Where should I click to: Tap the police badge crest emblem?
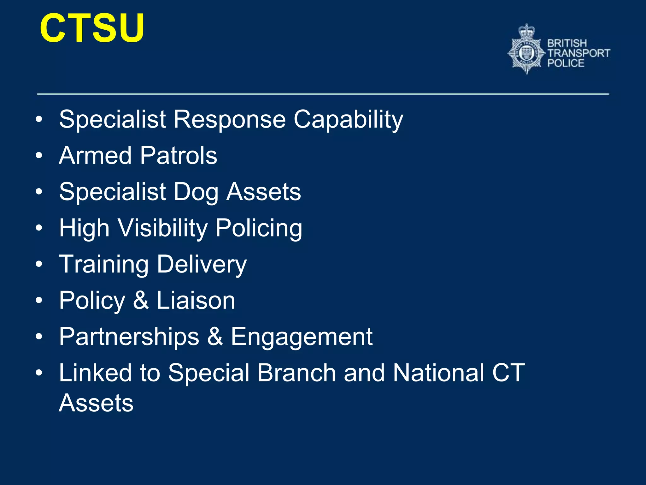[526, 52]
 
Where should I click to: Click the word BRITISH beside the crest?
[567, 43]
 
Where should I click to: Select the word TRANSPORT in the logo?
[578, 53]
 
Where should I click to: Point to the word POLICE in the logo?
[566, 63]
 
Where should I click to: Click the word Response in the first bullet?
[230, 119]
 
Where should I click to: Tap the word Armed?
[95, 155]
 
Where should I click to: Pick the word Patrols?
[179, 155]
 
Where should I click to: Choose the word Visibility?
[163, 228]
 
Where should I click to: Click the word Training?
[104, 265]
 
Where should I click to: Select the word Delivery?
[202, 265]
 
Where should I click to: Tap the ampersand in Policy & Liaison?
[141, 300]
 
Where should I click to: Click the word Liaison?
[196, 300]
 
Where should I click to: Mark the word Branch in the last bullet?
[296, 373]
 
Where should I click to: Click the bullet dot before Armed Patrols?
[39, 155]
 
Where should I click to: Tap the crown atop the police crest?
[527, 31]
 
